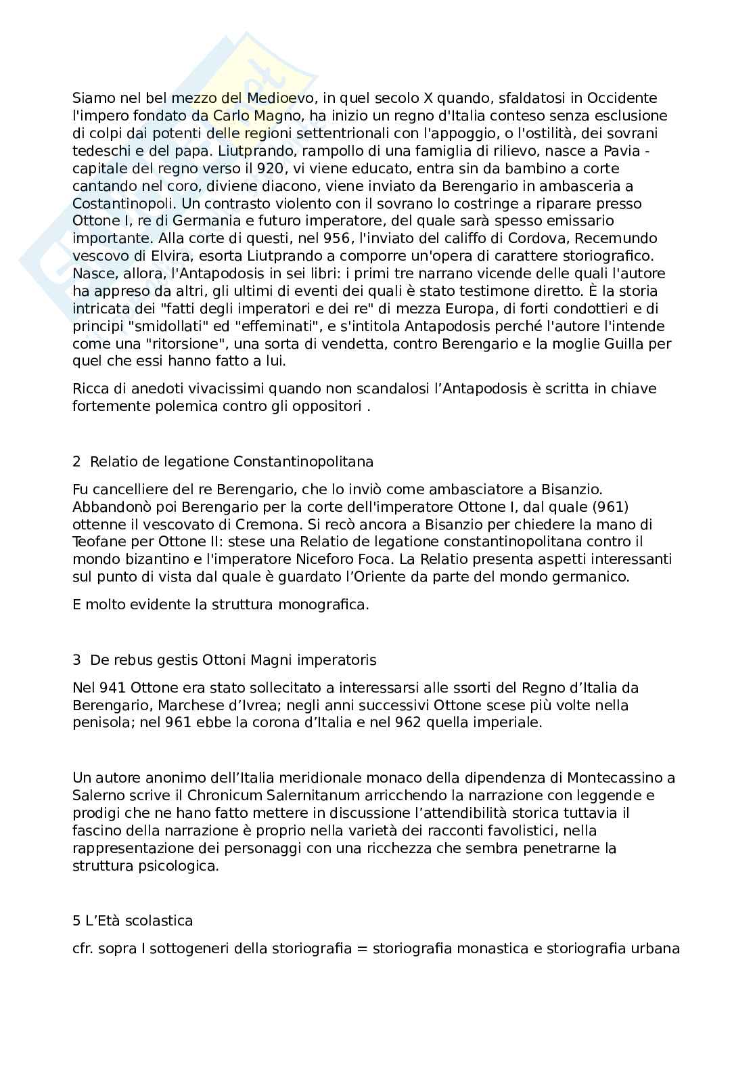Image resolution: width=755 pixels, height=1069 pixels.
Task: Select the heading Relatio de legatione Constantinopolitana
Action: click(231, 462)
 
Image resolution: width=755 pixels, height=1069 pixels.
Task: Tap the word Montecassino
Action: click(614, 778)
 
